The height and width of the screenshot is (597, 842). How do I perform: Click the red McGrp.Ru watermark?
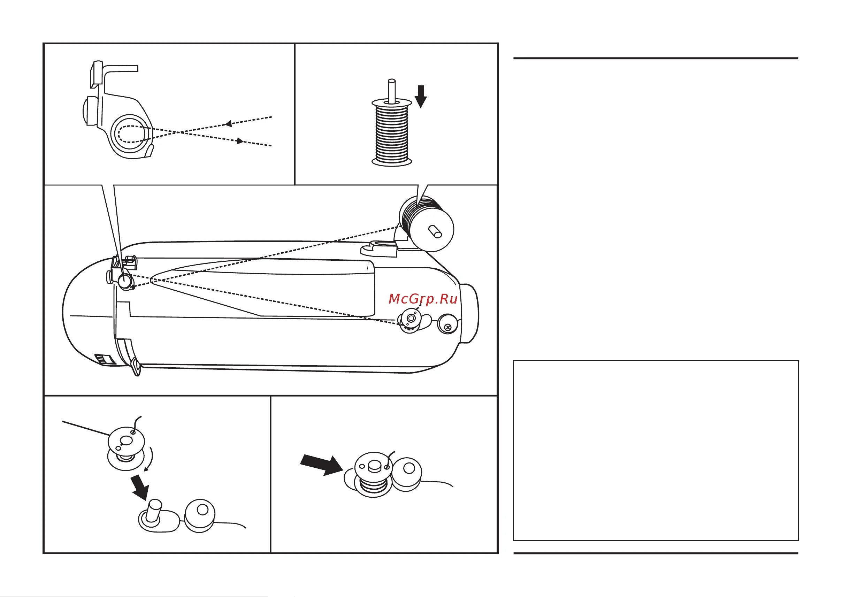[x=423, y=299]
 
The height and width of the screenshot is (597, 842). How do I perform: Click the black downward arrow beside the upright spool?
[x=421, y=96]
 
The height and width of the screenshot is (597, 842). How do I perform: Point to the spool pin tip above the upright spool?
[x=392, y=82]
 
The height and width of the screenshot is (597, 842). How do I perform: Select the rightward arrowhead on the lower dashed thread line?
[x=241, y=141]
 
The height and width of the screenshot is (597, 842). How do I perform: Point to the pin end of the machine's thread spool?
[x=435, y=232]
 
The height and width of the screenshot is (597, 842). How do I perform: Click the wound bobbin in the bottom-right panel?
[x=373, y=474]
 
